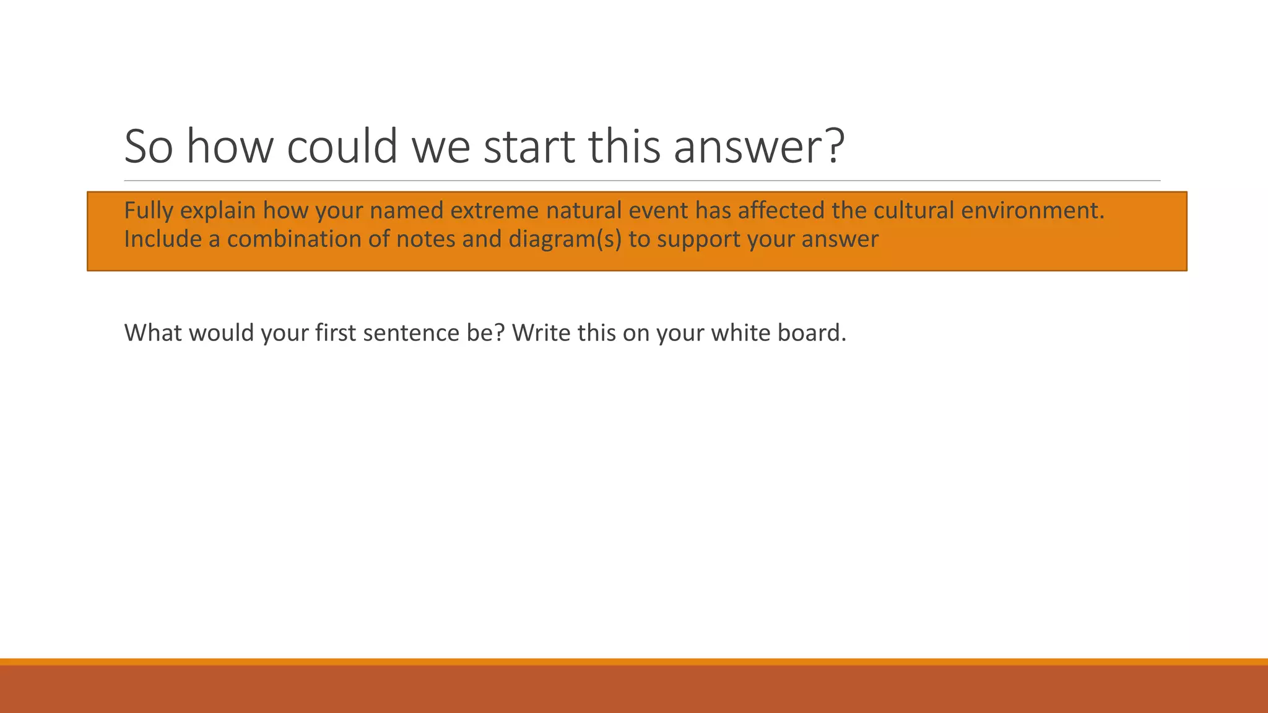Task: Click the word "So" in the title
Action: click(x=149, y=147)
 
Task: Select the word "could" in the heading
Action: click(x=342, y=147)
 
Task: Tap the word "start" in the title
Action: click(x=529, y=147)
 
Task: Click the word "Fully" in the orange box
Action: click(x=148, y=211)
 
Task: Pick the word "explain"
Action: click(x=217, y=211)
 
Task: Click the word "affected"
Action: click(x=781, y=211)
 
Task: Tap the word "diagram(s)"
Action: click(x=565, y=240)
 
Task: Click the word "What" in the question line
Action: click(x=153, y=333)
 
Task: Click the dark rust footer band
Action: click(x=634, y=690)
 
